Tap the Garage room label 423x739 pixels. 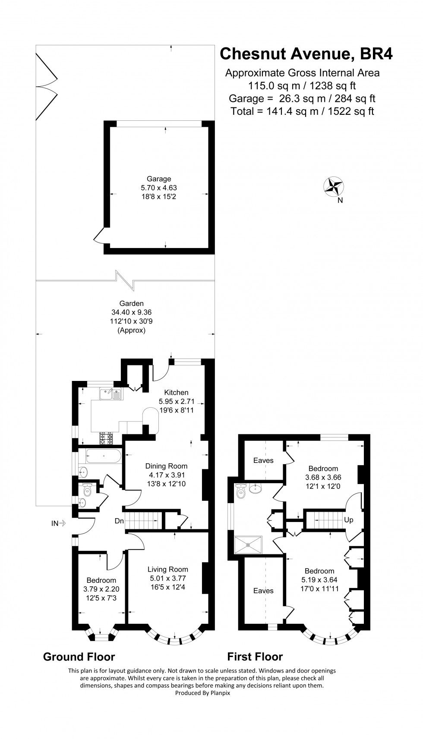159,179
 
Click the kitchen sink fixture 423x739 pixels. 111,394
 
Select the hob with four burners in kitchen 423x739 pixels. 106,439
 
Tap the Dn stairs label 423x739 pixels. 119,521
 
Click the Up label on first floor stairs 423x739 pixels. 348,520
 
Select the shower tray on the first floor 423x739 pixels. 248,545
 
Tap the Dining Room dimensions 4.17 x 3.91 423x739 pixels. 166,475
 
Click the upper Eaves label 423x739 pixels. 263,460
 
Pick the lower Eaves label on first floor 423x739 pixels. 263,591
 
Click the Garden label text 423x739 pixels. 132,303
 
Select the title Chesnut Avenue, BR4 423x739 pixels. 306,54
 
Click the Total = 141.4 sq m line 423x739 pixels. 302,111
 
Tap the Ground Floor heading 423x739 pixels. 79,657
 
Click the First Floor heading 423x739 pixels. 255,657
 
